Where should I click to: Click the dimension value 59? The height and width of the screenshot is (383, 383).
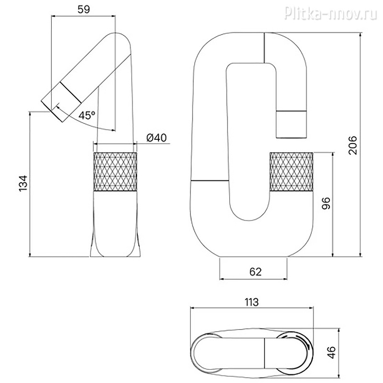84,9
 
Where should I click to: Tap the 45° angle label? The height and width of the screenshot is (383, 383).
87,115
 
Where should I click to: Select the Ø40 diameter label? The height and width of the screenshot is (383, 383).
157,138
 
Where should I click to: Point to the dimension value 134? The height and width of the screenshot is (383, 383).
23,183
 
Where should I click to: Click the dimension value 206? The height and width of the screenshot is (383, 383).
352,145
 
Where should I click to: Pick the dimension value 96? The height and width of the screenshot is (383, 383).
326,203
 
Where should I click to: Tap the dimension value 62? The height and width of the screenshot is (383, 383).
256,271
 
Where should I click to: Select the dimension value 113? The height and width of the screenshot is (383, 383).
252,302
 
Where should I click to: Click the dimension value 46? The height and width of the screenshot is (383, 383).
332,352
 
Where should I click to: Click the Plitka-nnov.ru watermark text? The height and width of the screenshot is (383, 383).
331,13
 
